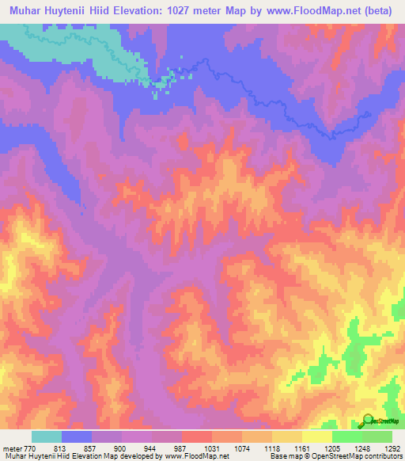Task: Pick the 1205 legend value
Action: pyautogui.click(x=331, y=448)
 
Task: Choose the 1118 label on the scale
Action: pyautogui.click(x=272, y=448)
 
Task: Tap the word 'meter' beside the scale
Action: pyautogui.click(x=12, y=448)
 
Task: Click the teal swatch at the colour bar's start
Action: pyautogui.click(x=47, y=436)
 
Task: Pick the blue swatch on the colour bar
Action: pyautogui.click(x=77, y=436)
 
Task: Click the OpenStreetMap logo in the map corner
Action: pyautogui.click(x=378, y=419)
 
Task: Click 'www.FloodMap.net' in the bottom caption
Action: pyautogui.click(x=190, y=457)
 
